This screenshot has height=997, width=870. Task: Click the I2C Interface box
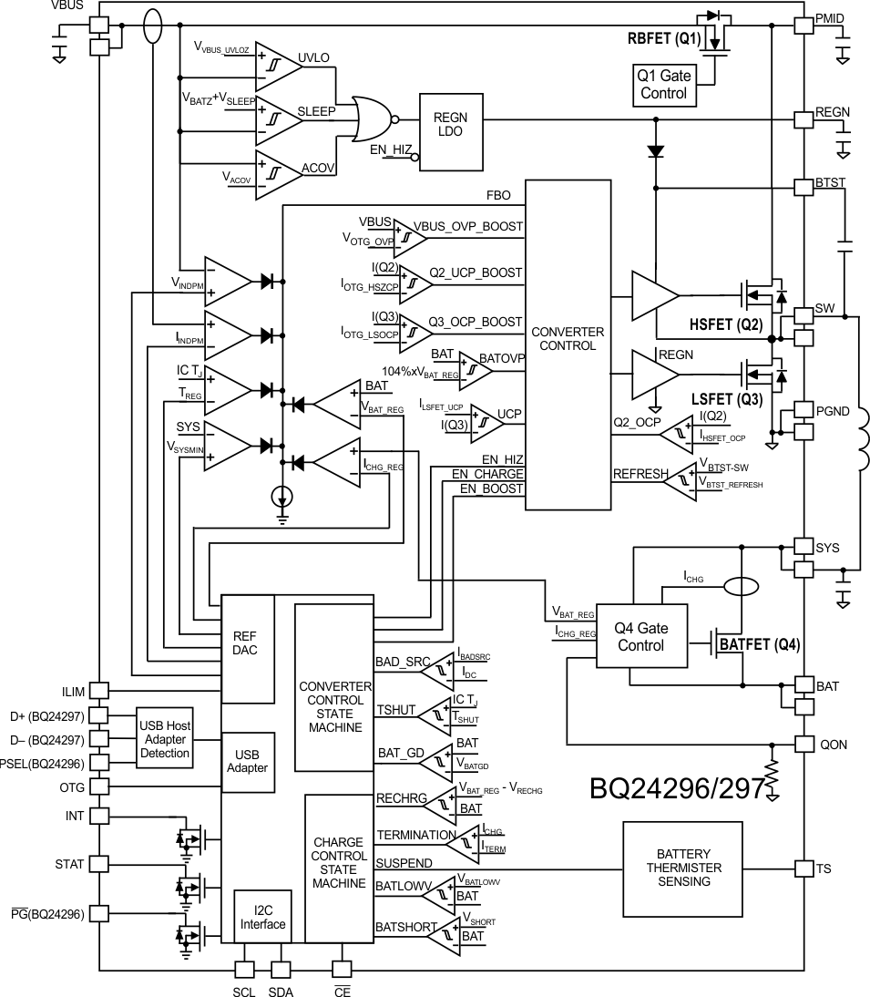pyautogui.click(x=261, y=917)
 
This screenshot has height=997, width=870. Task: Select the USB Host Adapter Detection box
pyautogui.click(x=165, y=736)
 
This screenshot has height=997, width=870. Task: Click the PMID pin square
pyautogui.click(x=803, y=26)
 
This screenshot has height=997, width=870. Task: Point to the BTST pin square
pyautogui.click(x=803, y=186)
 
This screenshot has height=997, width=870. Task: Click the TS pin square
pyautogui.click(x=803, y=869)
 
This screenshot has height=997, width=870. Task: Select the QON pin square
pyautogui.click(x=803, y=743)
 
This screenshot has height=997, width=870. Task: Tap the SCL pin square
pyautogui.click(x=245, y=970)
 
